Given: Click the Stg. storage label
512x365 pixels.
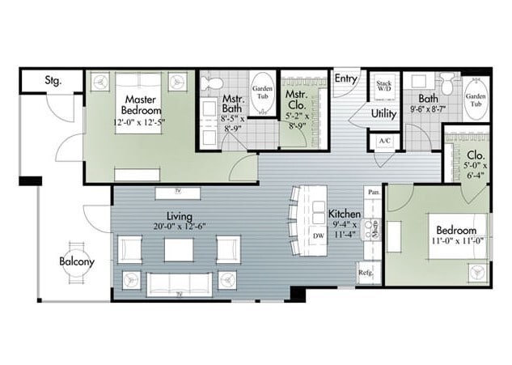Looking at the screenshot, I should point(53,80).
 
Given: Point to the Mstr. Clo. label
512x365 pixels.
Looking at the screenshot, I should point(295,100).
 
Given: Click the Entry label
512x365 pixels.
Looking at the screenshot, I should point(345,79).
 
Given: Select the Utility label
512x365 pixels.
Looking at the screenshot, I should point(383,114).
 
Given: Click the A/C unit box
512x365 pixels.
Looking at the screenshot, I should point(383,140).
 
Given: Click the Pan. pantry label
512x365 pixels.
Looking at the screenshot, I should point(373,193).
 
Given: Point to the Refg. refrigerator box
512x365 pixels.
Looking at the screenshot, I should point(366,274).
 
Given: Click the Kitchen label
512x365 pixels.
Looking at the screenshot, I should point(345,214).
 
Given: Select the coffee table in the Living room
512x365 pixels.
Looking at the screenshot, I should point(180,249).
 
